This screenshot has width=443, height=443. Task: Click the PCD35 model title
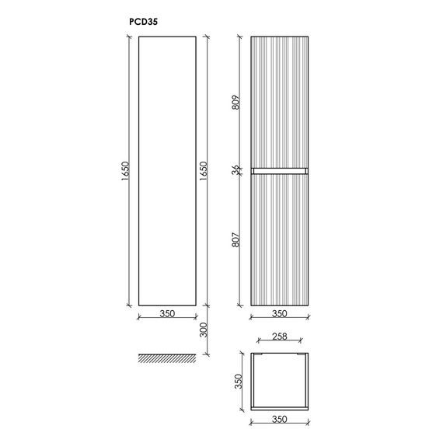(143, 22)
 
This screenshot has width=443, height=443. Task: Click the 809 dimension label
(235, 103)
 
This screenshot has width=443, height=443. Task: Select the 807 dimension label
(235, 239)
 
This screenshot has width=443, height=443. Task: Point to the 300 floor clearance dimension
(204, 330)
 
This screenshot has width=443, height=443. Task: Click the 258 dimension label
(280, 336)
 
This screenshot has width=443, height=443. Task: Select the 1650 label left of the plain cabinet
(125, 171)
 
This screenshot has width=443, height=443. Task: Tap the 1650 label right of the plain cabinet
(204, 171)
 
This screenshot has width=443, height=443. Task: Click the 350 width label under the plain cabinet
(167, 313)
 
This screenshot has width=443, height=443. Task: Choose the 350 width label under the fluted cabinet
(280, 313)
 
